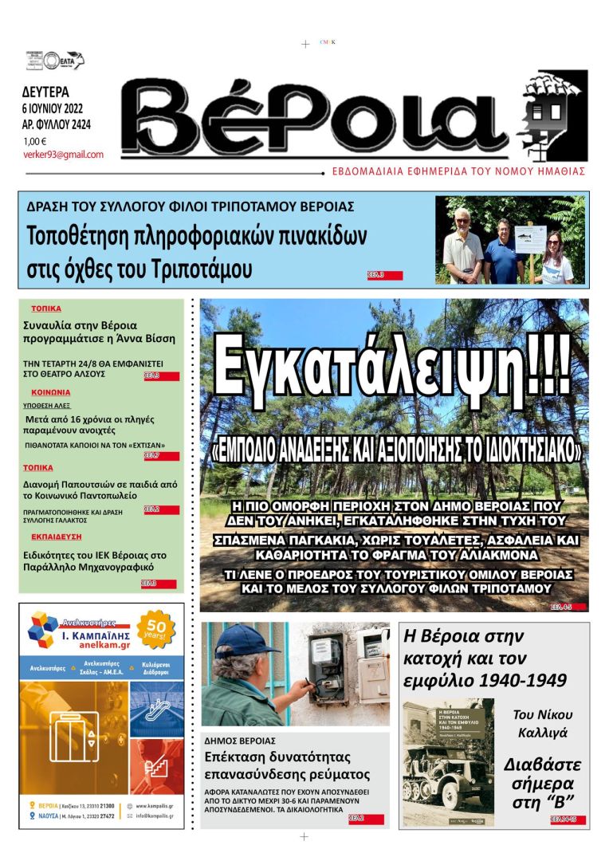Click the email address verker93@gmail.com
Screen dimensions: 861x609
(x=63, y=155)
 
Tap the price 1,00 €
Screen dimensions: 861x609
(x=34, y=141)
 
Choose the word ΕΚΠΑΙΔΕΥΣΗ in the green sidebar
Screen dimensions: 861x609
(x=57, y=537)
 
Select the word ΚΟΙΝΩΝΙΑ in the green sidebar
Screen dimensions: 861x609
(x=51, y=392)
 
